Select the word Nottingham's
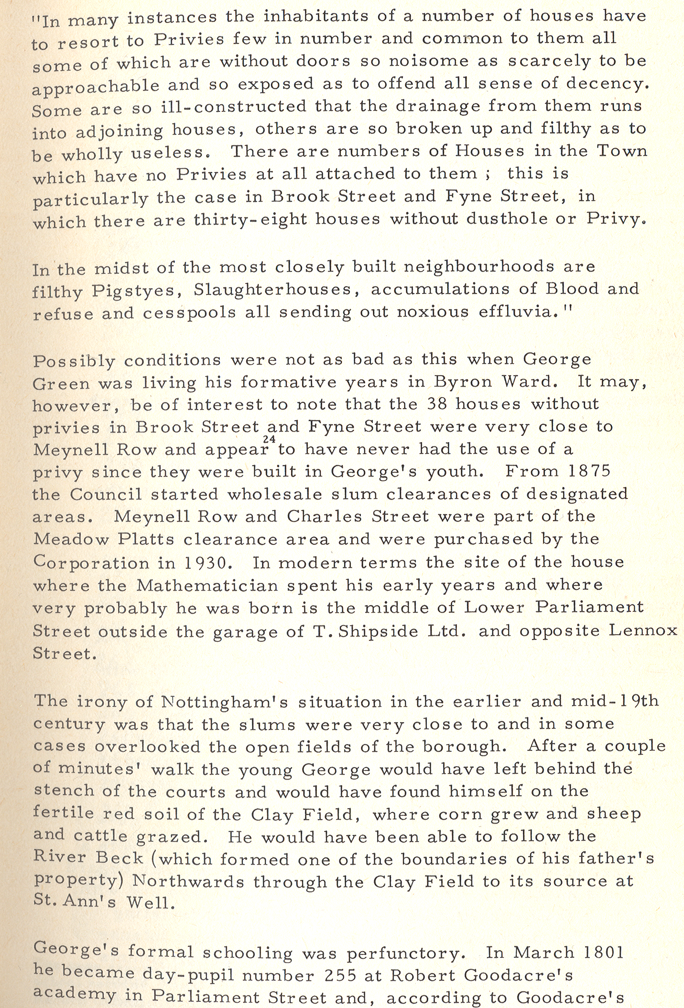pos(224,702)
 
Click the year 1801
pos(604,952)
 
